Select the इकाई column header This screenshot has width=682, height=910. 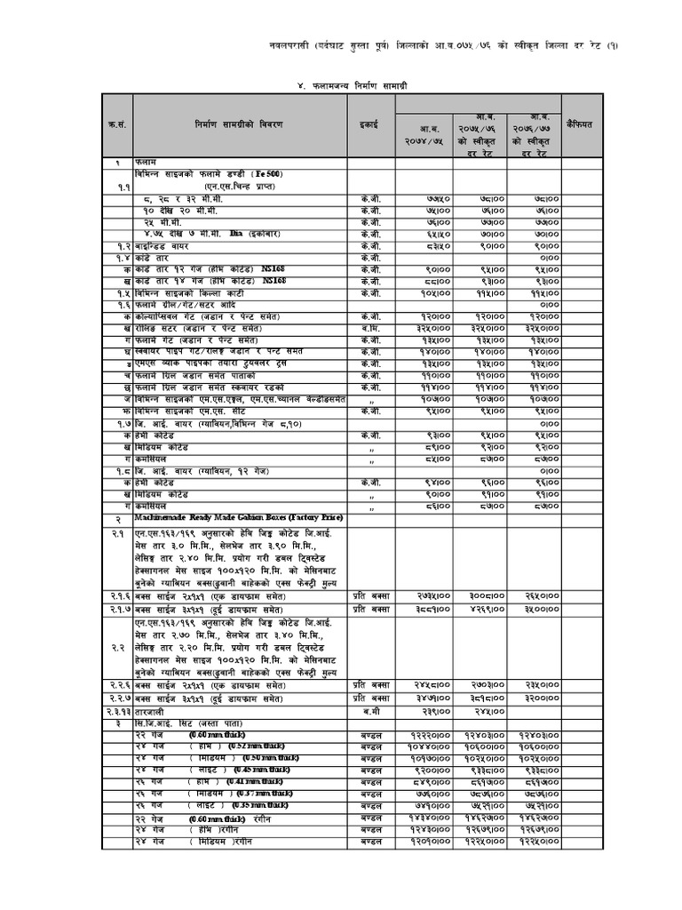pos(369,125)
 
